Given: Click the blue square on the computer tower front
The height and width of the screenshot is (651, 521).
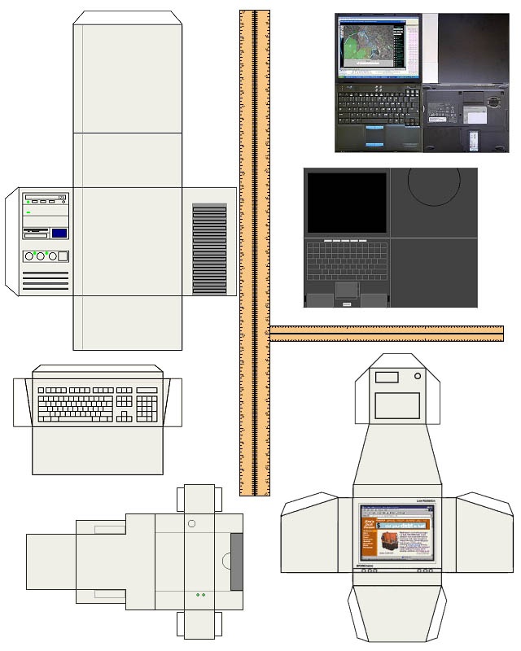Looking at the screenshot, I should pyautogui.click(x=59, y=234).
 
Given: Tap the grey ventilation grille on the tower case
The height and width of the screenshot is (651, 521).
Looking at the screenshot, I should pyautogui.click(x=209, y=249).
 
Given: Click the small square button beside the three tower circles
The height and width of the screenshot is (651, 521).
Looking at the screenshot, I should pyautogui.click(x=65, y=256).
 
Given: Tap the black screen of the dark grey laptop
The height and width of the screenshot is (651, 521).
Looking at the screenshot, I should pyautogui.click(x=347, y=202).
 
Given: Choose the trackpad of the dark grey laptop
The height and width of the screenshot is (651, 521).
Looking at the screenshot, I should pyautogui.click(x=347, y=289).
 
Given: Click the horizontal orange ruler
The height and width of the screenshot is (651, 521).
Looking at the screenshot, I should pyautogui.click(x=387, y=333).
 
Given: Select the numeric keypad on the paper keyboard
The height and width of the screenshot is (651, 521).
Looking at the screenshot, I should pyautogui.click(x=147, y=404).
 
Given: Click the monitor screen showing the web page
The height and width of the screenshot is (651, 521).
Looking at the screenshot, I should pyautogui.click(x=396, y=533).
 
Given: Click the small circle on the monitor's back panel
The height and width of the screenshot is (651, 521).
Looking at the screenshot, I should pyautogui.click(x=418, y=378).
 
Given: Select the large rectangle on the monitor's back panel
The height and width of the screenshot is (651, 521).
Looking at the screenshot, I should pyautogui.click(x=397, y=405).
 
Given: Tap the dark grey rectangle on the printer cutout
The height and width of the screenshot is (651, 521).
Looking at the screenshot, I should pyautogui.click(x=237, y=561).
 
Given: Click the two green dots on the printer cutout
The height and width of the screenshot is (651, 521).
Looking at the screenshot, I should pyautogui.click(x=200, y=595).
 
